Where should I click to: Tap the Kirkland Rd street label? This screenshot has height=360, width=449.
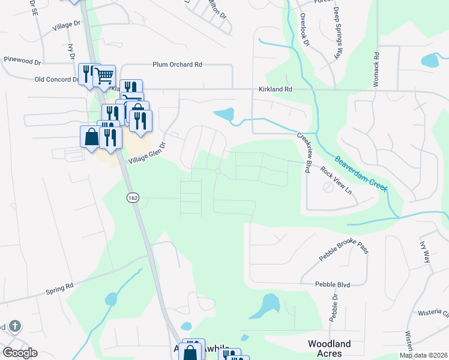275,89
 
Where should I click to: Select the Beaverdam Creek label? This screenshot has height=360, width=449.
361,174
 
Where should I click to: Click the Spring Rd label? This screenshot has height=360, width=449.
59,288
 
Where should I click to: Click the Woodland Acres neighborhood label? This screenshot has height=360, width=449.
329,349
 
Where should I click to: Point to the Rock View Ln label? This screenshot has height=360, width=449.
336,179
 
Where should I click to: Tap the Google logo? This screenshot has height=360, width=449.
20,353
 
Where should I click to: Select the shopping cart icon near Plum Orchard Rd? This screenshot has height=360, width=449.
104,75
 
